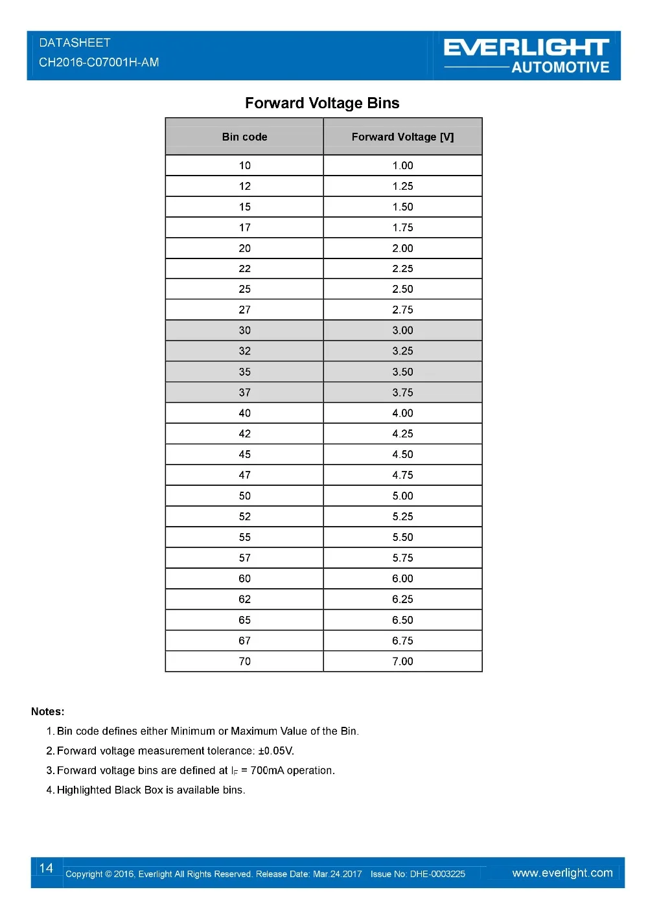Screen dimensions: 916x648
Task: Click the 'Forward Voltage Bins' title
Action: [322, 103]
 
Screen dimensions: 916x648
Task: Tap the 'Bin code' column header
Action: [244, 137]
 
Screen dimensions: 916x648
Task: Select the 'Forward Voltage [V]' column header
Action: [402, 137]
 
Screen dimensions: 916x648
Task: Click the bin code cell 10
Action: [244, 165]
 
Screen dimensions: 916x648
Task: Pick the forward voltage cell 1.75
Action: [402, 227]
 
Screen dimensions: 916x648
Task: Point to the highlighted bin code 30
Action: [244, 330]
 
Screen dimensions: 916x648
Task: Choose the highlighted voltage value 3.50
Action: [402, 372]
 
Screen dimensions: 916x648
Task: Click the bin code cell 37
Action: [244, 393]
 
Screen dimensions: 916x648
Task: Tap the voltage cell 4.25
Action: [402, 433]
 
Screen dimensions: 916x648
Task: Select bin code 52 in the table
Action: [244, 516]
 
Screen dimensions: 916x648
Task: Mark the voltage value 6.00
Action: [402, 578]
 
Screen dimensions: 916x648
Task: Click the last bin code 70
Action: [244, 661]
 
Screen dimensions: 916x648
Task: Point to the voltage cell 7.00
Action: [402, 661]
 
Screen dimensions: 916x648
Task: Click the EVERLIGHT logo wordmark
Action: [526, 47]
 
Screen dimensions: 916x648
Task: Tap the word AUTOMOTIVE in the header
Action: [560, 67]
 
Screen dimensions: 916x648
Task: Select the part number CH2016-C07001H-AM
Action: [98, 62]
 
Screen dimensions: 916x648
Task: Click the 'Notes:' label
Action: [48, 711]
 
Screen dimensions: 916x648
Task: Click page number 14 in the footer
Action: [46, 868]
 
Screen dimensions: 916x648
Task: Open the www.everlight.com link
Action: [562, 873]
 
